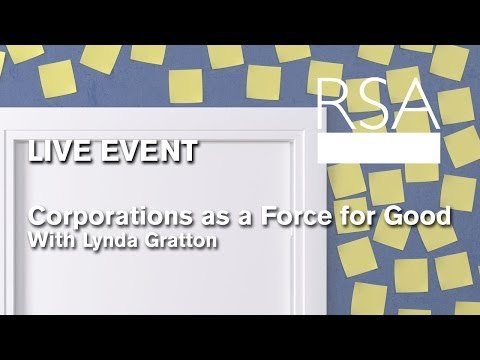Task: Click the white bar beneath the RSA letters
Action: tap(377, 148)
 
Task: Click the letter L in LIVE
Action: tap(35, 153)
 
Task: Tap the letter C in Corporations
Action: tap(38, 216)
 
